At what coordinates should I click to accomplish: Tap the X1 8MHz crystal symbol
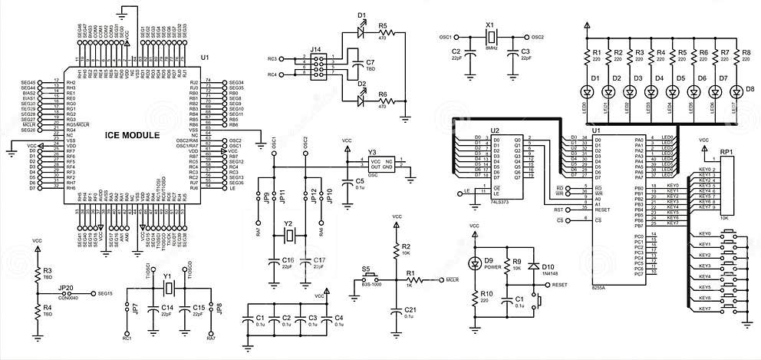[493, 37]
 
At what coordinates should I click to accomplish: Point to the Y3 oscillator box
[382, 166]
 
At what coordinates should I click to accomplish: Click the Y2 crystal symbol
[289, 235]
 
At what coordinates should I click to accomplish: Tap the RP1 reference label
[726, 152]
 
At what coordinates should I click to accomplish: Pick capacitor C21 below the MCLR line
[397, 312]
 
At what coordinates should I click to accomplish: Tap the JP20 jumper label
[67, 287]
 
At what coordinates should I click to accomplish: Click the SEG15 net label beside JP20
[104, 293]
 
